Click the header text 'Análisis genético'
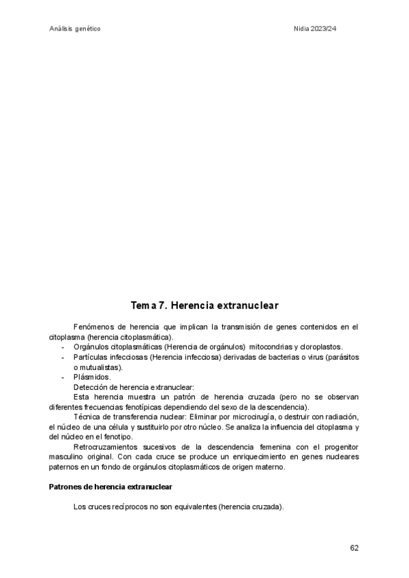coord(76,29)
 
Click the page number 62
coord(354,547)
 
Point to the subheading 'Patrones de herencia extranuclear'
coord(111,487)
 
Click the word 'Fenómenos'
coord(92,328)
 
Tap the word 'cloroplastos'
coord(320,347)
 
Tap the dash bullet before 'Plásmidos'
coord(63,377)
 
